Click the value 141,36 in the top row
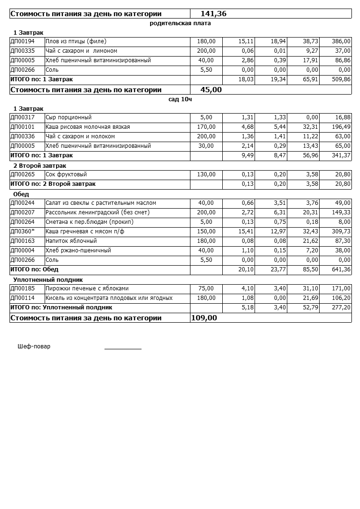[x=213, y=14]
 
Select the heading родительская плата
[x=180, y=23]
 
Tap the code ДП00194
[x=22, y=41]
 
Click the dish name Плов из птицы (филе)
[x=76, y=41]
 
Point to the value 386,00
[x=341, y=41]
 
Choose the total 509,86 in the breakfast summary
[x=341, y=79]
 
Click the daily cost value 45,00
[x=211, y=89]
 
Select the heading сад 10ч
[x=180, y=99]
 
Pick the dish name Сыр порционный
[x=68, y=117]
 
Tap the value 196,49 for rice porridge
[x=341, y=127]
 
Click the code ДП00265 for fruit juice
[x=22, y=174]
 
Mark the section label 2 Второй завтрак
[x=39, y=165]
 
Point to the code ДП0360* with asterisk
[x=22, y=231]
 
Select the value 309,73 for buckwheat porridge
[x=341, y=231]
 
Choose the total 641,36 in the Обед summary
[x=341, y=269]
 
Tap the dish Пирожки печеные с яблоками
[x=87, y=288]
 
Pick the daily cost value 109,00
[x=204, y=317]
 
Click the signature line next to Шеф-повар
[x=123, y=348]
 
